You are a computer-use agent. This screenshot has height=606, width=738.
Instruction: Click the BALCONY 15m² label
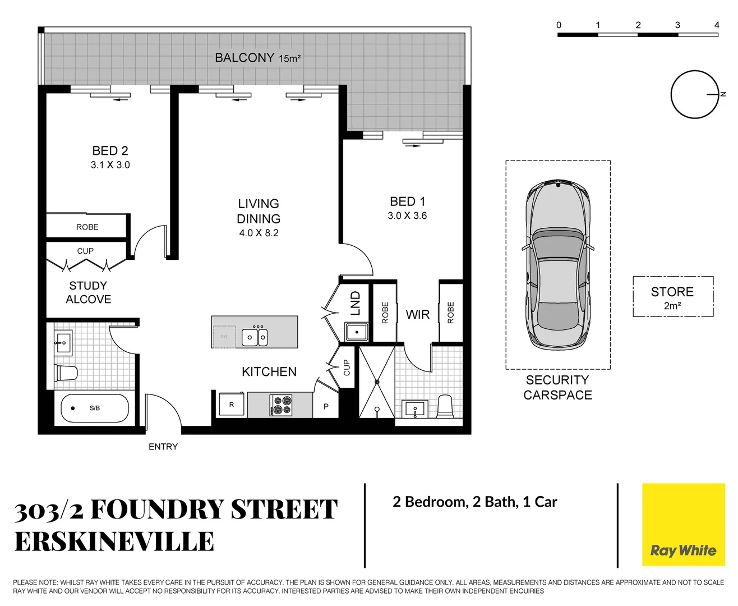click(x=257, y=58)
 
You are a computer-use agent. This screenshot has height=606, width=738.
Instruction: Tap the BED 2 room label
click(x=110, y=151)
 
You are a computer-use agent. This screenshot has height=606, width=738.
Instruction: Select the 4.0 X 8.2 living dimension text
click(x=259, y=233)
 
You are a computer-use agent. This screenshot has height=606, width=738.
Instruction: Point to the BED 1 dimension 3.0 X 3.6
click(x=407, y=215)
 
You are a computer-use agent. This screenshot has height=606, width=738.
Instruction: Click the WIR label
click(x=418, y=315)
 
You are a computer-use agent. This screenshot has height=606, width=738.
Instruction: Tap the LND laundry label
click(x=356, y=304)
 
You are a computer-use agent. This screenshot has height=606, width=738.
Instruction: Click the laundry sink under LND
click(x=356, y=332)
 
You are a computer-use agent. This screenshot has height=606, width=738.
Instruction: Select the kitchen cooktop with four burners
click(x=281, y=405)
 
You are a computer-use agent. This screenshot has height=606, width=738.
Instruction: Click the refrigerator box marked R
click(x=232, y=405)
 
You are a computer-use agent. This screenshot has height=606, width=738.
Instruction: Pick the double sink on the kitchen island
click(x=255, y=337)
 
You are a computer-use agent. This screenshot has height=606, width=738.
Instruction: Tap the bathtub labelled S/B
click(x=94, y=408)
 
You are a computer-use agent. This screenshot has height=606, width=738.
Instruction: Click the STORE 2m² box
click(x=672, y=297)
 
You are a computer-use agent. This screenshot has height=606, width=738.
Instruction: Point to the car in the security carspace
click(x=557, y=264)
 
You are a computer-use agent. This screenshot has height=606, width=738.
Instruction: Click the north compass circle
click(x=694, y=94)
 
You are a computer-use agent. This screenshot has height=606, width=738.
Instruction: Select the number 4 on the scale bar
click(x=716, y=25)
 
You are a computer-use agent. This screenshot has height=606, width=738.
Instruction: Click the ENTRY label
click(x=163, y=447)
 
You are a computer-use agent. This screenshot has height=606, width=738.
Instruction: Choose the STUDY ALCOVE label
click(x=88, y=292)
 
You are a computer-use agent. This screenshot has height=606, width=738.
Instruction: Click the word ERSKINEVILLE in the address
click(x=114, y=542)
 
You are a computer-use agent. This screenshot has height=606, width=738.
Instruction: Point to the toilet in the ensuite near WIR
click(x=445, y=406)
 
